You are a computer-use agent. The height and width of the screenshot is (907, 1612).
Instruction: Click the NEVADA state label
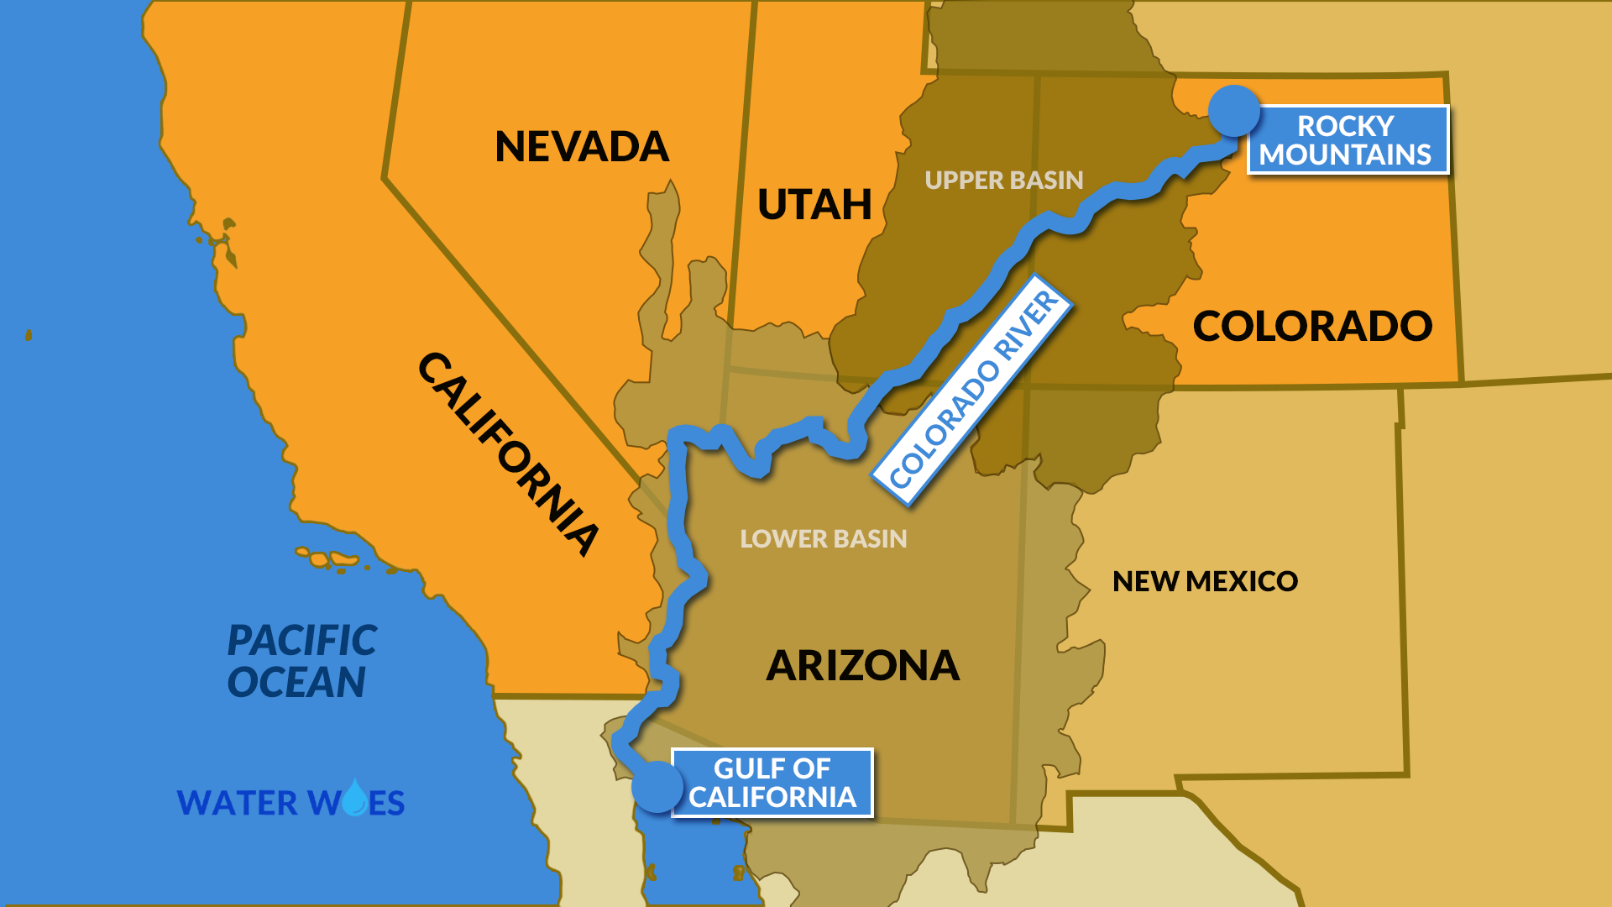(x=582, y=147)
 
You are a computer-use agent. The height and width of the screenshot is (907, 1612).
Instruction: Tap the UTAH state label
(x=814, y=204)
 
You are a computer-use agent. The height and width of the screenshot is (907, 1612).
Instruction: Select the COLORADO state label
(x=1312, y=326)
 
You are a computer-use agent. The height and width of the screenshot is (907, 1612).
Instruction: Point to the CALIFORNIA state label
(x=509, y=454)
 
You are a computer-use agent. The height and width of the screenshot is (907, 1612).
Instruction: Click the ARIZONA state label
(x=862, y=666)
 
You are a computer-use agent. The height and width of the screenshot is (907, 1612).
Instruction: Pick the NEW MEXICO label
(x=1205, y=581)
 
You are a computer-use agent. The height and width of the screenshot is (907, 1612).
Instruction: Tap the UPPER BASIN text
(x=1003, y=180)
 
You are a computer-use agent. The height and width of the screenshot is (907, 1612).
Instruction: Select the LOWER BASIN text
(x=823, y=538)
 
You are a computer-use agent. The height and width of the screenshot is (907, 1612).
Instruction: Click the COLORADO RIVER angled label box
(x=973, y=391)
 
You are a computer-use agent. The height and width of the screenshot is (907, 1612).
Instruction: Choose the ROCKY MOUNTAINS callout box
(x=1348, y=139)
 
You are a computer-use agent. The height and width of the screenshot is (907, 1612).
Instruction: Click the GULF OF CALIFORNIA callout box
(x=772, y=783)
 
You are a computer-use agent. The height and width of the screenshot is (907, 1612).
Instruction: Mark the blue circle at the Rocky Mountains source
(x=1234, y=111)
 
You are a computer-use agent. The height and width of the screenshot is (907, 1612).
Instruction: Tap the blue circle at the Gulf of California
(x=657, y=787)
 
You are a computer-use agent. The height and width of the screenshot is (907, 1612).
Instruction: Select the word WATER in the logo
(x=238, y=803)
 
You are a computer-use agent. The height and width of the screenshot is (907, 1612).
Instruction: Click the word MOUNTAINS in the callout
(x=1345, y=155)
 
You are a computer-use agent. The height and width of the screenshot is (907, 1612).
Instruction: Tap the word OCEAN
(x=296, y=682)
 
